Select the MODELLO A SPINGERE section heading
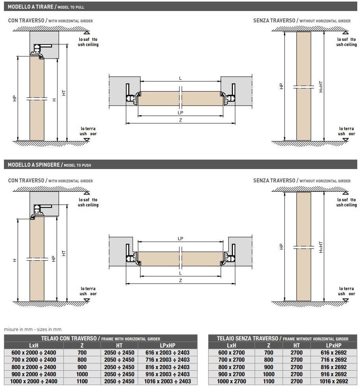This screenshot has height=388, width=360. [x=34, y=165]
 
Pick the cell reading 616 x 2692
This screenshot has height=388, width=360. [x=333, y=353]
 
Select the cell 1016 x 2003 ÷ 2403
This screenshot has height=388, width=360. [x=167, y=381]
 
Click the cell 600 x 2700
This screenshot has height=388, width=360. [x=231, y=353]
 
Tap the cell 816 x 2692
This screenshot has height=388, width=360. [x=333, y=367]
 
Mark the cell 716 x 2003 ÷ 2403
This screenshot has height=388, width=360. [x=167, y=360]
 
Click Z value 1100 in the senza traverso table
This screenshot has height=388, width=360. [x=268, y=381]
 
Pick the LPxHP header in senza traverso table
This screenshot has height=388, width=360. [x=333, y=346]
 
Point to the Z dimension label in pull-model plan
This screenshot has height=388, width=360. [x=181, y=120]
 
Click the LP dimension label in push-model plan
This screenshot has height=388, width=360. [x=181, y=239]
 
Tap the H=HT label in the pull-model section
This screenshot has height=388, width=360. [x=321, y=86]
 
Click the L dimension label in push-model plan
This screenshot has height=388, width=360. [x=181, y=273]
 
